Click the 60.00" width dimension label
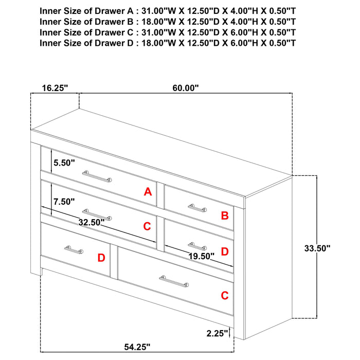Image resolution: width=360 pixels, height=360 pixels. pos(186,88)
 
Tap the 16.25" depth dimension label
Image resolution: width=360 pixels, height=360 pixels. pos(55,88)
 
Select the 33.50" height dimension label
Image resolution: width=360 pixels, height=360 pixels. pos(317,248)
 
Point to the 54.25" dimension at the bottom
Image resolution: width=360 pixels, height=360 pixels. pos(137,347)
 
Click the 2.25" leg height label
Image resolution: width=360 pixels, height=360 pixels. pos(217,333)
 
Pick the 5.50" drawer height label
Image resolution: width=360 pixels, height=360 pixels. pos(64,163)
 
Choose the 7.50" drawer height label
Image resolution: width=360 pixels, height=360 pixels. pos(64,202)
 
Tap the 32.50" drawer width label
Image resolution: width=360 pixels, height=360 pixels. pos(92,222)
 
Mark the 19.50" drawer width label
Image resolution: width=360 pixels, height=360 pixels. pos(202,256)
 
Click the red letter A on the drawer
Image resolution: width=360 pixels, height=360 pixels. pos(148,192)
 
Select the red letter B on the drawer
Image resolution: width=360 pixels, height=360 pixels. pos(225,215)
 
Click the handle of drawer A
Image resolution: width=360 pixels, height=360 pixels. pos(97,176)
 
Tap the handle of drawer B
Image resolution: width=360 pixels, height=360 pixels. pos(197,208)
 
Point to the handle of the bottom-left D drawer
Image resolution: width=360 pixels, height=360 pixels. pos(74,250)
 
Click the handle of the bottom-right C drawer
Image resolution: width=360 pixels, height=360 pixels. pos(174,281)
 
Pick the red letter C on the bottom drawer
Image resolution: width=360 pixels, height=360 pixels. pos(225,296)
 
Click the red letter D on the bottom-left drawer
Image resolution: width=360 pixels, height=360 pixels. pos(101,258)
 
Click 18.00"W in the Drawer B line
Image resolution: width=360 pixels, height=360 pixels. pos(158,22)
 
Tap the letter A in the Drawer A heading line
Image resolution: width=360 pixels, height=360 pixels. pos(130,11)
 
